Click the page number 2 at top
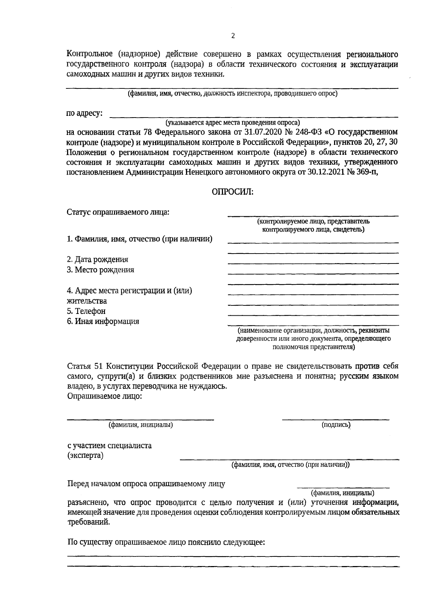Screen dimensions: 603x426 tap(233, 36)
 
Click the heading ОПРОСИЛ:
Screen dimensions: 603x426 tap(233, 192)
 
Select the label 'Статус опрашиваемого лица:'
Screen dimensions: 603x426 tap(118, 212)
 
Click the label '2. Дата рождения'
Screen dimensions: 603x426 tap(98, 260)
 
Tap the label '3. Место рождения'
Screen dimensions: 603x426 tap(100, 270)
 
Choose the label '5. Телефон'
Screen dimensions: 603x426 tap(86, 311)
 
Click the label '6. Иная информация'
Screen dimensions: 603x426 tap(103, 322)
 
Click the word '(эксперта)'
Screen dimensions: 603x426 tap(85, 456)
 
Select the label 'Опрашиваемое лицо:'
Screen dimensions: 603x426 tap(105, 396)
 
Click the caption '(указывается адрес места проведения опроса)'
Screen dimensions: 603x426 tap(233, 123)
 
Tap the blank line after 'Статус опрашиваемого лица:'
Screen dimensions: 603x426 tap(312, 215)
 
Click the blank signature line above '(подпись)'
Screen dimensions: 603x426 tap(335, 419)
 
